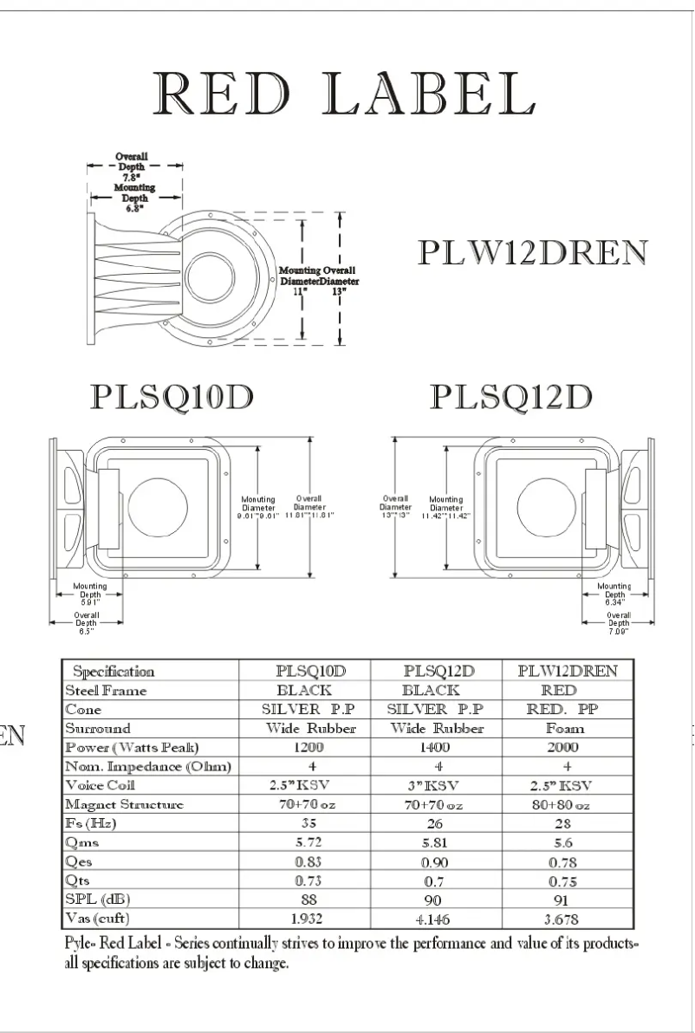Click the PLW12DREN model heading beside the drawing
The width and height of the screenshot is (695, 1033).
pos(532,252)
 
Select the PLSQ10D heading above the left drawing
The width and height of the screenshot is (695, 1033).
pos(172,397)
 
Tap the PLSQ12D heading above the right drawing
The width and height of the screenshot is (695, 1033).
pos(511,397)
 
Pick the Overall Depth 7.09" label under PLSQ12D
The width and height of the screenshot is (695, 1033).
pos(619,622)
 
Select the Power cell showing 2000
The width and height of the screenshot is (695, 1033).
pos(567,747)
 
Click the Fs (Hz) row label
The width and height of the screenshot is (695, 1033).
pos(91,823)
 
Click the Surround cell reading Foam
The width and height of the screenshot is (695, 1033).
pos(567,728)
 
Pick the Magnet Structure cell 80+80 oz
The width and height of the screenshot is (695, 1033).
pos(567,804)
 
